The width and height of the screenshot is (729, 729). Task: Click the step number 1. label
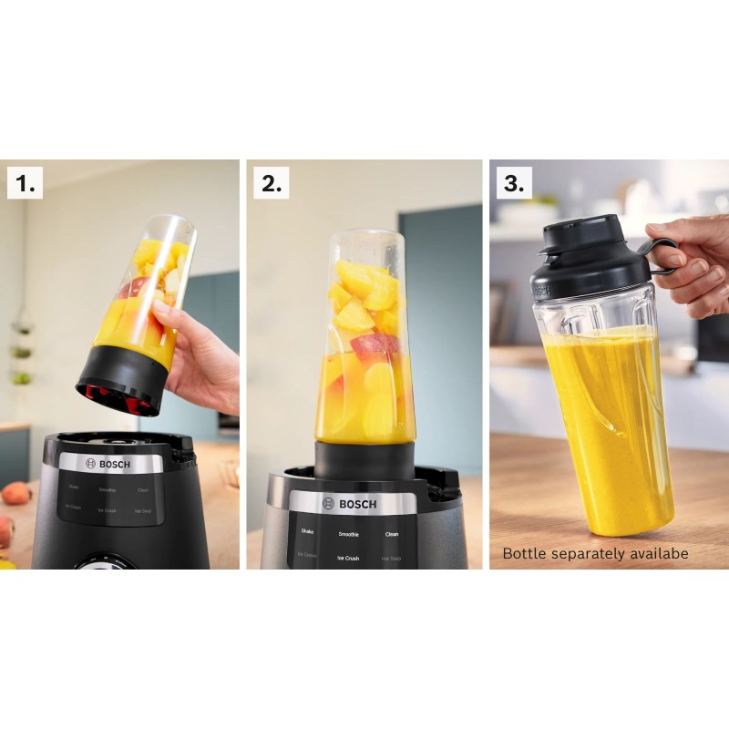point(26,183)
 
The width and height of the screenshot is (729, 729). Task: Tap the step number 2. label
point(271,183)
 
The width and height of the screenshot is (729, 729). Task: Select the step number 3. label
point(514,183)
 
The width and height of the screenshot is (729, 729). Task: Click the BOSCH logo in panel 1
point(108,464)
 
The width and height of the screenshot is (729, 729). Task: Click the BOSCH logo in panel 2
point(344,504)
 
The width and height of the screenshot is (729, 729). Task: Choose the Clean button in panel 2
point(392,534)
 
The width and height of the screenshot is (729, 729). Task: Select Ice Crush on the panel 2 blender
point(348,558)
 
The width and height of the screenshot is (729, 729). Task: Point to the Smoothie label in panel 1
point(108,490)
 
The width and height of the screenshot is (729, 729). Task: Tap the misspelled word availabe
point(661,553)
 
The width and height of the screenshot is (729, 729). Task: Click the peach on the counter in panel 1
point(15,493)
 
